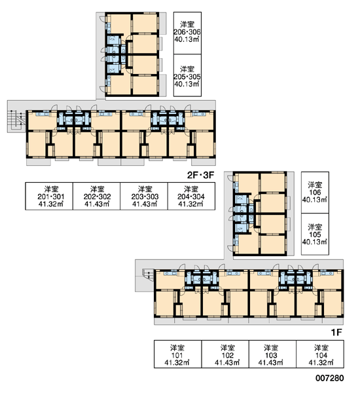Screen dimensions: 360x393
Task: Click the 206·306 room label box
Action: coord(187,33)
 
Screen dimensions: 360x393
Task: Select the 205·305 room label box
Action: coord(187,75)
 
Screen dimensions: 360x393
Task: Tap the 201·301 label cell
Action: coord(49,196)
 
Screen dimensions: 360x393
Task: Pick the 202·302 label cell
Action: coord(96,196)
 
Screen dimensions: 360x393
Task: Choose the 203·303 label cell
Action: coord(144,196)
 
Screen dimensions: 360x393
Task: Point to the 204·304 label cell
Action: coord(191,196)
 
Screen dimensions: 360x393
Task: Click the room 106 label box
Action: coord(315,193)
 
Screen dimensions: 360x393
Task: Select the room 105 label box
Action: coord(315,234)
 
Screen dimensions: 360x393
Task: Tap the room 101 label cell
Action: coord(178,354)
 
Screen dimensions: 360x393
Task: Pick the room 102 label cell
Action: coord(225,354)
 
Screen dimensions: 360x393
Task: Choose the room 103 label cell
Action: coord(272,354)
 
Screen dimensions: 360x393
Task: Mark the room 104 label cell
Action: coord(320,354)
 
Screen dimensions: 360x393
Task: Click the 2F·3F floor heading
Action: coord(201,175)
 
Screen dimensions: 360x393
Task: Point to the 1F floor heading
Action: coord(336,332)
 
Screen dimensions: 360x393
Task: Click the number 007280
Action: coord(330,378)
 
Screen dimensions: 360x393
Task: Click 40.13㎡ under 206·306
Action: coord(187,39)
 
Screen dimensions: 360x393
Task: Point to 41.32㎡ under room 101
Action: coord(177,362)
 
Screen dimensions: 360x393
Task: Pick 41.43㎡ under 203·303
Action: coord(145,204)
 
